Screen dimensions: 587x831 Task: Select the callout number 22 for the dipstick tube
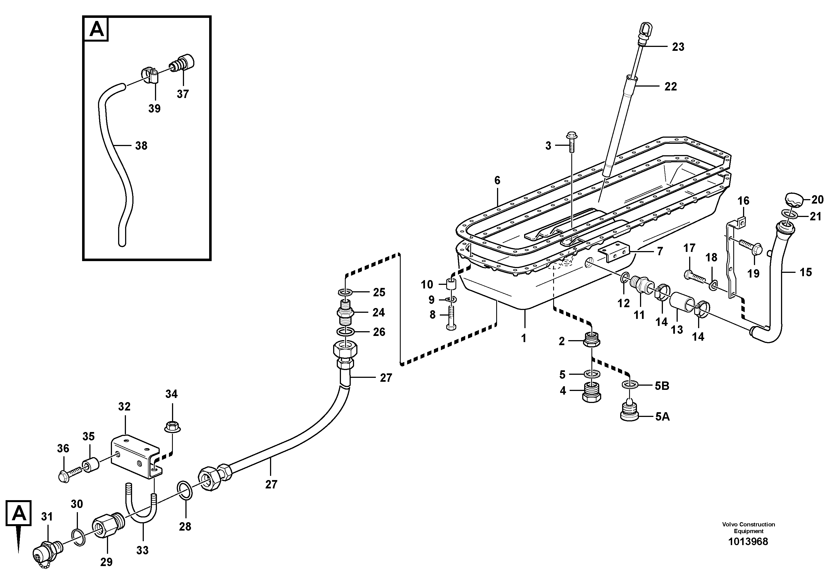(x=670, y=87)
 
